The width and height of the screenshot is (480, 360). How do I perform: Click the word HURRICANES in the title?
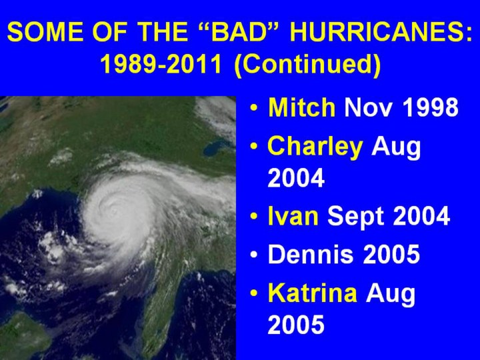(381, 31)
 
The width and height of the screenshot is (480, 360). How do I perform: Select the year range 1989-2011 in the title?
(161, 64)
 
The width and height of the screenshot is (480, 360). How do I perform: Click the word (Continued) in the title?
(307, 65)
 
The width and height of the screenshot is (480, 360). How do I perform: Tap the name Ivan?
(293, 216)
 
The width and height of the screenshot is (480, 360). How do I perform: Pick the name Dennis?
(311, 254)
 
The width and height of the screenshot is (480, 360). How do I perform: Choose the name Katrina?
(313, 293)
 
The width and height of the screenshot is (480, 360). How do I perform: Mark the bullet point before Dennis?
(254, 255)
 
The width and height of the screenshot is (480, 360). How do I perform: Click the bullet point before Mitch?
(254, 108)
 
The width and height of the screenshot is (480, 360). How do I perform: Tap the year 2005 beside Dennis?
(391, 254)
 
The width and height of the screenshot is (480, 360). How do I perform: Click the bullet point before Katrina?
(254, 293)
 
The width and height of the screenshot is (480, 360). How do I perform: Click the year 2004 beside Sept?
(421, 216)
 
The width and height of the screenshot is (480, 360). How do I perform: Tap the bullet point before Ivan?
(254, 217)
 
